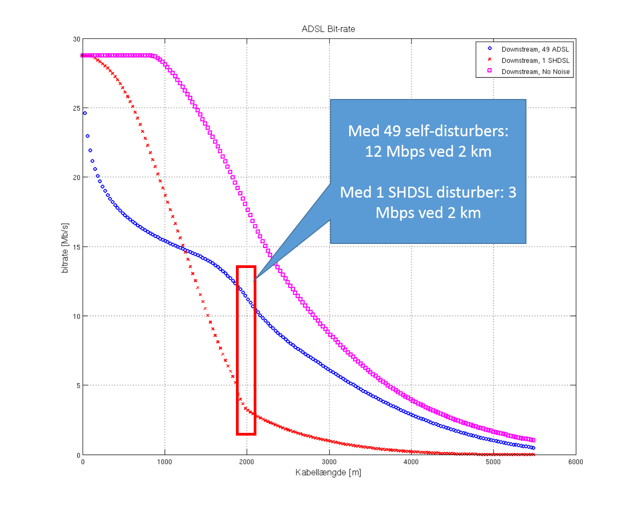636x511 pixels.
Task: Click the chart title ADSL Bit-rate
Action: click(328, 29)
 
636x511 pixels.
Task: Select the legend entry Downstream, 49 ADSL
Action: click(535, 50)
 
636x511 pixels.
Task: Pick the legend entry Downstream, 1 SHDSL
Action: click(535, 60)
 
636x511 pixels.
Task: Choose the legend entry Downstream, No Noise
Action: click(536, 72)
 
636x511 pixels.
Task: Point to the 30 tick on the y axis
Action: click(76, 40)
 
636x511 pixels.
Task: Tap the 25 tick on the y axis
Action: click(76, 109)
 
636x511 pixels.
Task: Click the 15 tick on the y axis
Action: click(76, 247)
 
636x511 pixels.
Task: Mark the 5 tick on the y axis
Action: click(78, 386)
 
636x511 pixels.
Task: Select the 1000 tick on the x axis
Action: click(165, 462)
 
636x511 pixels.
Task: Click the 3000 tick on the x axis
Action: click(329, 462)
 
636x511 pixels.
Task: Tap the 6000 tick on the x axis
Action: click(576, 462)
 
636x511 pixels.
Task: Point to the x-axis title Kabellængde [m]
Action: click(328, 473)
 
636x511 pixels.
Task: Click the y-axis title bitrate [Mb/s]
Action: click(65, 248)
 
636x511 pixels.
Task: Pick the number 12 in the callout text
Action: click(373, 151)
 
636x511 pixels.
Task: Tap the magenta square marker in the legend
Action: click(490, 70)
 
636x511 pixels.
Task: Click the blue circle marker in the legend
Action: click(490, 48)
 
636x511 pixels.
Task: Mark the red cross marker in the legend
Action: click(490, 59)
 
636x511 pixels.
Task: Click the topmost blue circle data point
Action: click(85, 113)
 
